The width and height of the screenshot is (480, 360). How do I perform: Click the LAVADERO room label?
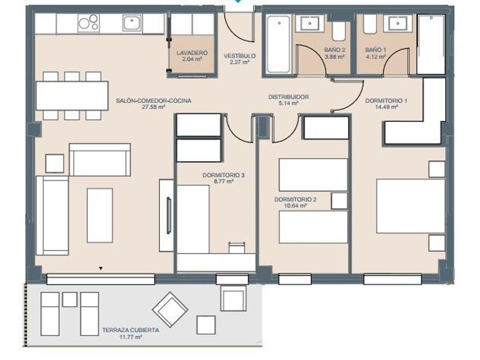(x=192, y=53)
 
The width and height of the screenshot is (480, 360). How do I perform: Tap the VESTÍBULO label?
(x=239, y=56)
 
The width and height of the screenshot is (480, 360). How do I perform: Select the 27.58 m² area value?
(x=154, y=107)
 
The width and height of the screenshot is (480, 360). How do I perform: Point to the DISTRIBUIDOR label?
(x=289, y=97)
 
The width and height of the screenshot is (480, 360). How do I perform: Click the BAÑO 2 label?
(x=335, y=50)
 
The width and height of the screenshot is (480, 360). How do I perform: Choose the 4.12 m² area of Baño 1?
(x=375, y=57)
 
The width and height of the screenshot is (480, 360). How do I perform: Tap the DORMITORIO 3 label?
(x=223, y=175)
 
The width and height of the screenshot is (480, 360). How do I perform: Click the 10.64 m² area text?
(x=295, y=206)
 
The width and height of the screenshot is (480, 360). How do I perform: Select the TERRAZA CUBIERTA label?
(x=131, y=330)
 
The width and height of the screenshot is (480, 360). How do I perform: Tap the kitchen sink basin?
(x=132, y=23)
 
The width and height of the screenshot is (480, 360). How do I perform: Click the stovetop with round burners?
(x=88, y=23)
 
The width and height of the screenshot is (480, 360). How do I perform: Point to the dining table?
(x=72, y=95)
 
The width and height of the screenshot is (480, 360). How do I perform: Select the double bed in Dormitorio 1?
(x=410, y=206)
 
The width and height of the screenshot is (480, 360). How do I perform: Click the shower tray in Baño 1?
(x=431, y=45)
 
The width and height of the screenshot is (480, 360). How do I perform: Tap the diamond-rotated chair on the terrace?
(x=170, y=310)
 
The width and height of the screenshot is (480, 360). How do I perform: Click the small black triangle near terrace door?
(x=101, y=269)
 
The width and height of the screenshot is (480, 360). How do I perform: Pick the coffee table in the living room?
(x=100, y=215)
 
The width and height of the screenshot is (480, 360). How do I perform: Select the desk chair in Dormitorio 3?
(x=237, y=247)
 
